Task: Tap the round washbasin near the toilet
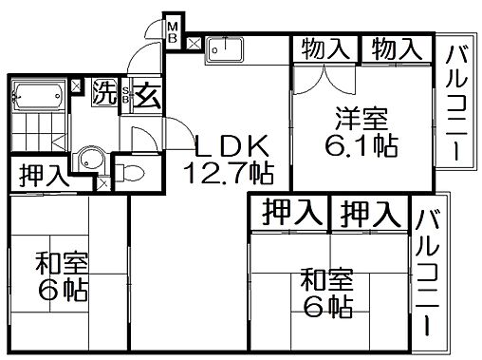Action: point(90,161)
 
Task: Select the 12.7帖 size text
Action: point(233,174)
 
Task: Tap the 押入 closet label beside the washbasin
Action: point(43,175)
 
